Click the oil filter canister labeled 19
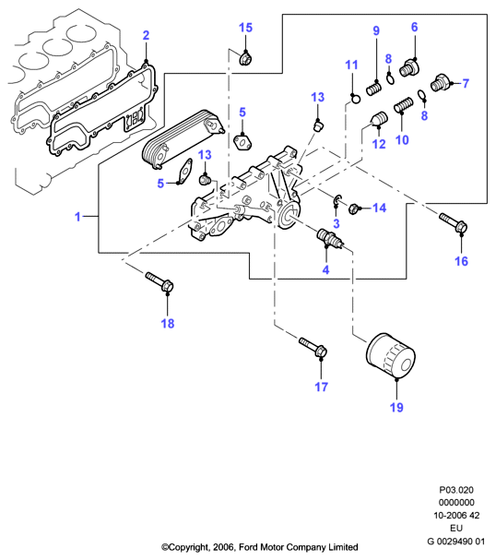[x=390, y=355]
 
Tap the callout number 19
[x=396, y=407]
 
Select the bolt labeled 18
[x=159, y=281]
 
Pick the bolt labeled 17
[x=313, y=347]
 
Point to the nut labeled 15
[x=245, y=58]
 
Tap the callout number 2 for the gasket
[x=146, y=35]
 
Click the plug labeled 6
[x=409, y=68]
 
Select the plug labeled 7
[x=440, y=83]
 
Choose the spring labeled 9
[x=374, y=88]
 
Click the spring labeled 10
[x=404, y=106]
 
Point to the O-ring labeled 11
[x=356, y=98]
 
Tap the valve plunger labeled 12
[x=379, y=119]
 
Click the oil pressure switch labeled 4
[x=330, y=238]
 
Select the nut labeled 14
[x=354, y=209]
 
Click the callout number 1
[x=77, y=217]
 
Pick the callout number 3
[x=337, y=223]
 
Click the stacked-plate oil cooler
[x=183, y=140]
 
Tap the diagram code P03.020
[x=456, y=490]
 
